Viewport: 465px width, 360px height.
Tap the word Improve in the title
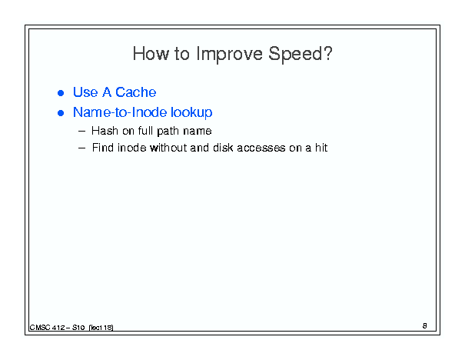(x=229, y=54)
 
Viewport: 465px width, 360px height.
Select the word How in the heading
(x=151, y=54)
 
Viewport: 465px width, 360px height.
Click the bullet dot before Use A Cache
(x=61, y=93)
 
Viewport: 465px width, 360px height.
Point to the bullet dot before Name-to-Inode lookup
(x=61, y=113)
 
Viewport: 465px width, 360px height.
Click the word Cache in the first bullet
(x=135, y=92)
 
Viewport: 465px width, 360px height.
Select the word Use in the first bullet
(x=85, y=92)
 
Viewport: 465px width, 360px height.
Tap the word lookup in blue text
(x=191, y=113)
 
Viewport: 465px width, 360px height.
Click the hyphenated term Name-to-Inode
(x=120, y=112)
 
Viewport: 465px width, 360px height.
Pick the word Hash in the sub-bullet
(x=105, y=131)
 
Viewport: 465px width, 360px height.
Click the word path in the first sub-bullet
(x=168, y=132)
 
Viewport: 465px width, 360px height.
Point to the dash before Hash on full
(x=81, y=132)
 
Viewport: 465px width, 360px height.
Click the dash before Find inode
(x=81, y=148)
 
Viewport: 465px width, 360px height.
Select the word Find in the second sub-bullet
(x=103, y=148)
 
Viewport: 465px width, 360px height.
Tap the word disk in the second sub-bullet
(x=223, y=148)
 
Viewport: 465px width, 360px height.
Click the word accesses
(x=261, y=148)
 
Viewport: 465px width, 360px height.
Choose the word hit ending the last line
(x=321, y=148)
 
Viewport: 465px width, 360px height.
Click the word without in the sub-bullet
(x=168, y=148)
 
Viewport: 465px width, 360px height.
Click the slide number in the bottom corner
(x=425, y=326)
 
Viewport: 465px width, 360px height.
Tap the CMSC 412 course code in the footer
(x=47, y=328)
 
